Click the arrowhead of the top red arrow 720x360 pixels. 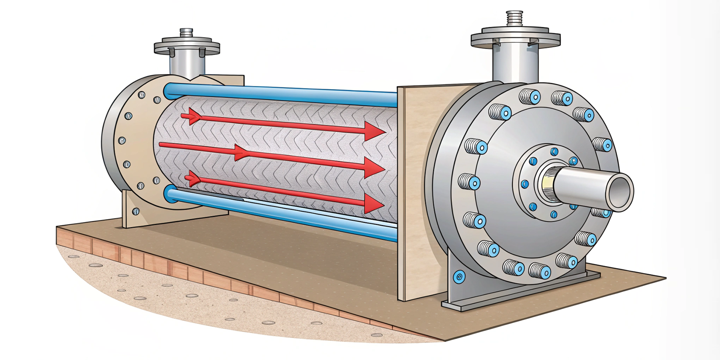point(375,131)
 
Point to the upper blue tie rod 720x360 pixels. point(280,94)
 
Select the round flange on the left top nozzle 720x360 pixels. point(187,46)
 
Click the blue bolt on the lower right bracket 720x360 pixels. point(459,276)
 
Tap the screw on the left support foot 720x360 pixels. point(136,211)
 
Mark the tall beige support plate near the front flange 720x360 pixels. point(416,192)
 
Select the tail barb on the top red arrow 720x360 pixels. point(192,116)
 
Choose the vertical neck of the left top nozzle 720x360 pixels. point(187,64)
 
